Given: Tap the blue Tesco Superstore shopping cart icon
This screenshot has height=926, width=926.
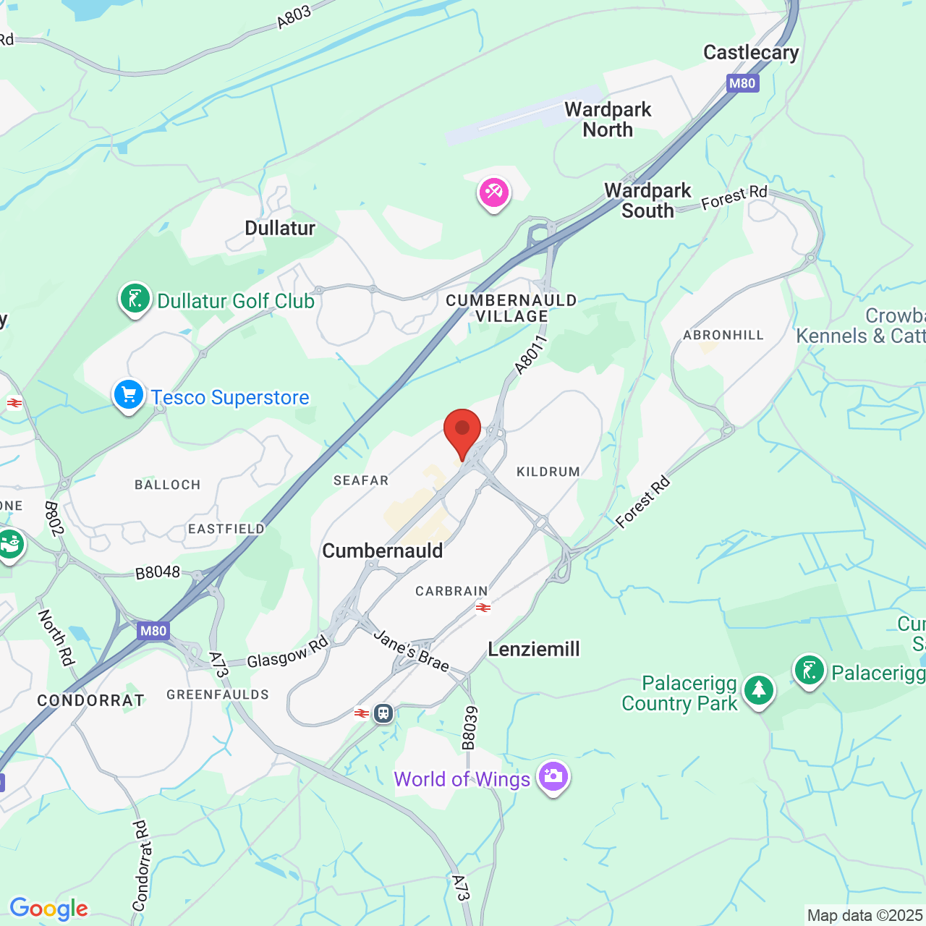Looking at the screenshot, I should pos(129,396).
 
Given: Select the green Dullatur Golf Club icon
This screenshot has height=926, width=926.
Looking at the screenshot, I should pos(135,299).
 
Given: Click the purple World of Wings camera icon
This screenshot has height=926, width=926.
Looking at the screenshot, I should pos(553,777).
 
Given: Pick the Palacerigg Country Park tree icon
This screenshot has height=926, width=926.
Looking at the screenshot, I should pos(758,690).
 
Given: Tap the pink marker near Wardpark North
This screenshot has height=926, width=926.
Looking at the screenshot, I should pos(494,193).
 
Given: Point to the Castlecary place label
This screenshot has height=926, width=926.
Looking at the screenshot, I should pos(751,53).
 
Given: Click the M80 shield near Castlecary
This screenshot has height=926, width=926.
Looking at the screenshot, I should pos(742,83).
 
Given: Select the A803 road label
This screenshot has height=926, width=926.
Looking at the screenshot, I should pos(294,17).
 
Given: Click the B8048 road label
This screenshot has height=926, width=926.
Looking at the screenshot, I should pos(158,572).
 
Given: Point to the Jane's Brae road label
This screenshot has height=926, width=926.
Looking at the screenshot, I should pos(412,650).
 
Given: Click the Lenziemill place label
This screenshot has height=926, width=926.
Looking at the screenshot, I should pos(534,649).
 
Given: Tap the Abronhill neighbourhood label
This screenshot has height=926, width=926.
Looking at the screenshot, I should pos(723,335).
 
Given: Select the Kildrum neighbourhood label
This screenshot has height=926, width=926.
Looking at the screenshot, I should pos(548,472).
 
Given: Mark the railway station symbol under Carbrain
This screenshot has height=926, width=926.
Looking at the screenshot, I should pos(483,608).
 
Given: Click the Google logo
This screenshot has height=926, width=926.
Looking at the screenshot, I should pos(48,909).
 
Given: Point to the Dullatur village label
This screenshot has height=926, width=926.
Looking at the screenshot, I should pos(280,229).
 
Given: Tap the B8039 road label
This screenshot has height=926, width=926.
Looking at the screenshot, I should pos(470,728).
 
